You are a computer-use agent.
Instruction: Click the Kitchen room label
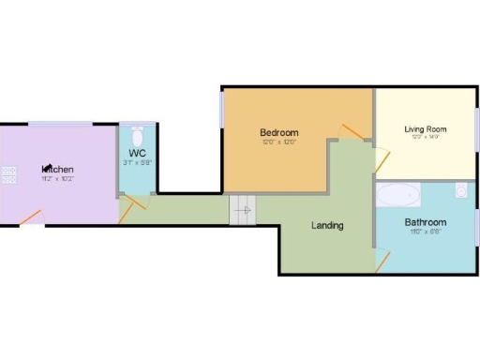[56, 169]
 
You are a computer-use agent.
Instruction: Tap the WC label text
[137, 152]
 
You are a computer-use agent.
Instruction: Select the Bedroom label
[278, 132]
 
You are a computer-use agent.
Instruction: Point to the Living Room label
[425, 128]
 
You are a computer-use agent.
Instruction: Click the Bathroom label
[425, 222]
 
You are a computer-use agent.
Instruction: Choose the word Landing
[327, 225]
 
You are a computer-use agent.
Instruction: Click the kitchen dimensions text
[56, 178]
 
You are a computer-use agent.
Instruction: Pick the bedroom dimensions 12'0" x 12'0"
[278, 142]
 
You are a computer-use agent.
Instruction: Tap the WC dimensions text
[137, 162]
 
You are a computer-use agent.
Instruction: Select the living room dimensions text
[425, 137]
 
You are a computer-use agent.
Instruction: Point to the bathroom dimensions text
[425, 232]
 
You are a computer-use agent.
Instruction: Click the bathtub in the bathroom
[397, 195]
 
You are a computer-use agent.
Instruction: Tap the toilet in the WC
[138, 134]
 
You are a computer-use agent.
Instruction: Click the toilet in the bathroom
[460, 191]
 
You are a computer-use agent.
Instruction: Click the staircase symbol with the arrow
[242, 210]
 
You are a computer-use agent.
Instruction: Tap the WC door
[127, 208]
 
